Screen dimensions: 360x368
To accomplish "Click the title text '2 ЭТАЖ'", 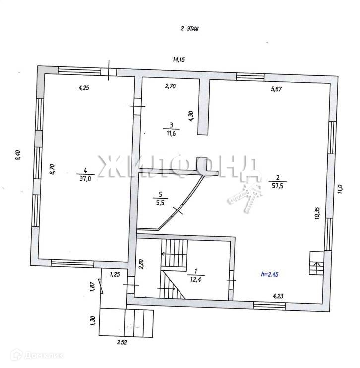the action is [x=189, y=30].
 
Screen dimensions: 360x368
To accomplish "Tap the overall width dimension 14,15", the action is [x=179, y=60].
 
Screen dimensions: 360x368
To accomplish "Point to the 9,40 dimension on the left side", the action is [x=18, y=155].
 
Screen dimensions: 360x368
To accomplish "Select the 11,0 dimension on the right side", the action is [x=340, y=191].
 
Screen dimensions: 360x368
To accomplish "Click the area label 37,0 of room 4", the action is [x=84, y=178].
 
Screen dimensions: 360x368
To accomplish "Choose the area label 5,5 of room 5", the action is [x=161, y=202].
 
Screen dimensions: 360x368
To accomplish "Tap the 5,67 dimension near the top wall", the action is [x=277, y=90].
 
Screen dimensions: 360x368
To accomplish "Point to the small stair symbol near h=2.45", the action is [x=316, y=263].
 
